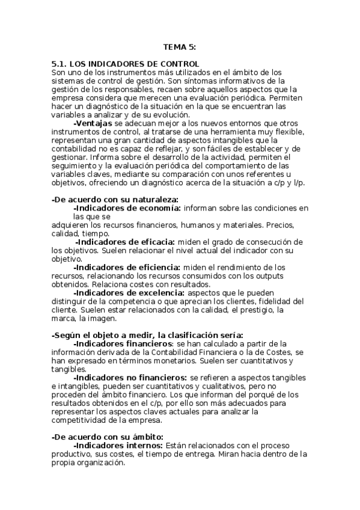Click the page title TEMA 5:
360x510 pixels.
pos(180,46)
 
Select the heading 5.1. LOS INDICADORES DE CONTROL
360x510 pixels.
pos(126,64)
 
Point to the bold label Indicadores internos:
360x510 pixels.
pos(118,445)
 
